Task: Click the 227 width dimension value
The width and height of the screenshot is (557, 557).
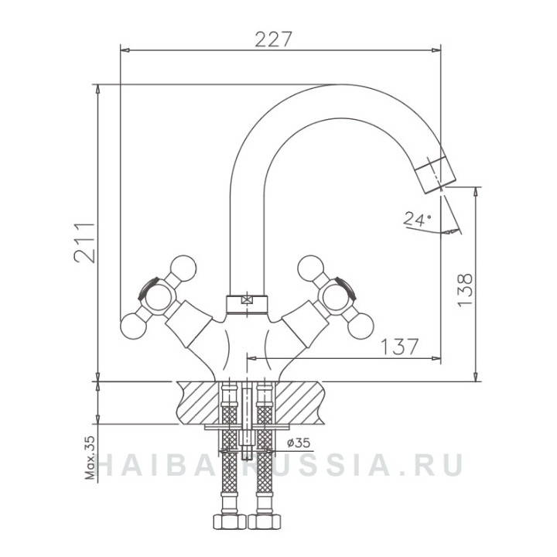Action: [x=273, y=39]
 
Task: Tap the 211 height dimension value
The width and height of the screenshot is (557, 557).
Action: [x=84, y=243]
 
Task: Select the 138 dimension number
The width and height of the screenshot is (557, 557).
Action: [x=465, y=290]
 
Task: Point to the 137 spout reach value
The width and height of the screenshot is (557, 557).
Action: [x=399, y=347]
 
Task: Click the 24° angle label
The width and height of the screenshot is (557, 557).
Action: [x=417, y=219]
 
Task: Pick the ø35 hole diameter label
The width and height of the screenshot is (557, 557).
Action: [x=299, y=443]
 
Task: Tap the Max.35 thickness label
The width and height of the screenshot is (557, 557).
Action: [x=91, y=457]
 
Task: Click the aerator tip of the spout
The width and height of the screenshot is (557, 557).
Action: [x=435, y=174]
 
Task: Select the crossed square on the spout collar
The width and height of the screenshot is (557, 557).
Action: [x=246, y=300]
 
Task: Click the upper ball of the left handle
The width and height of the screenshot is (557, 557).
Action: [x=183, y=268]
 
